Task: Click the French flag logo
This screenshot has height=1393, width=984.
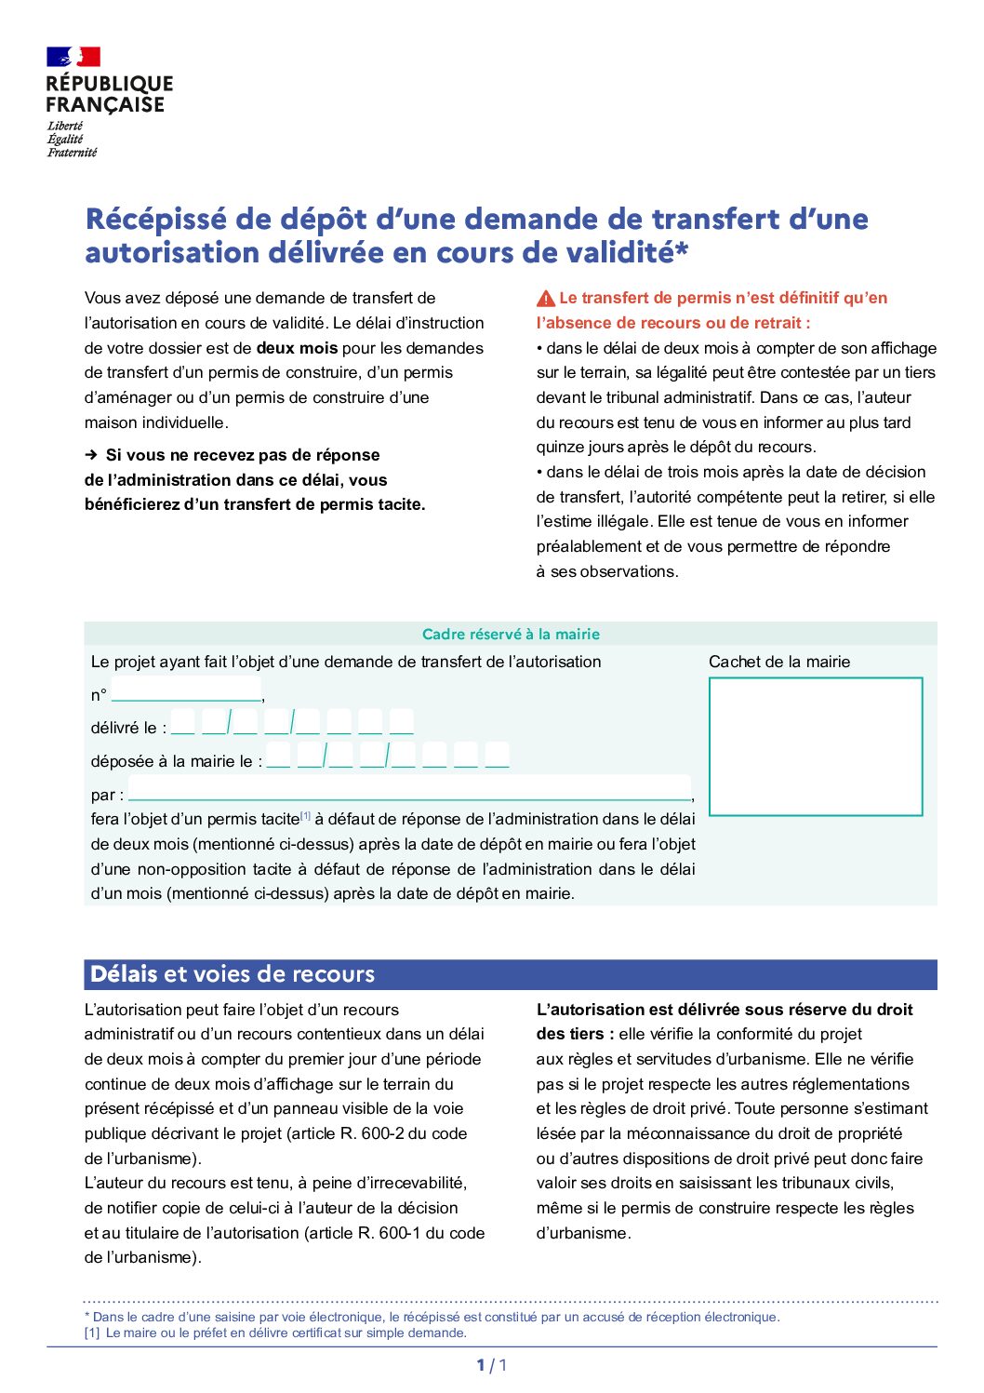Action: [x=73, y=57]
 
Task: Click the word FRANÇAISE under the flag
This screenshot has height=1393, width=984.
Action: [x=105, y=105]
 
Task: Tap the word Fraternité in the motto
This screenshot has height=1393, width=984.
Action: [x=73, y=153]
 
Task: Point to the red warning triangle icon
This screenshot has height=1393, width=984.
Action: [x=546, y=299]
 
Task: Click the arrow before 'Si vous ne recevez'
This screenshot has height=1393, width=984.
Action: [x=91, y=455]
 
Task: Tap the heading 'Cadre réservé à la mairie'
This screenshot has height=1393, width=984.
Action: [x=511, y=635]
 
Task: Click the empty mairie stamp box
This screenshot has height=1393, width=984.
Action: [x=816, y=746]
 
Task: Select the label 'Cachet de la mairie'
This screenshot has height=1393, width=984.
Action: [x=779, y=662]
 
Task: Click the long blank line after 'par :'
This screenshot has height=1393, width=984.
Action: [x=409, y=793]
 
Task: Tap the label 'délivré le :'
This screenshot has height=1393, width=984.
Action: [x=128, y=728]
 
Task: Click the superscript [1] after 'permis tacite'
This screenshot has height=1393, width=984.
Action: [x=305, y=816]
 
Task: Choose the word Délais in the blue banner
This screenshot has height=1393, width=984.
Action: [x=124, y=974]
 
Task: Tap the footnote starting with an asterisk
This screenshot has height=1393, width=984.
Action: [x=432, y=1317]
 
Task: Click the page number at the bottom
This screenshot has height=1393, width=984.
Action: [x=492, y=1365]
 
